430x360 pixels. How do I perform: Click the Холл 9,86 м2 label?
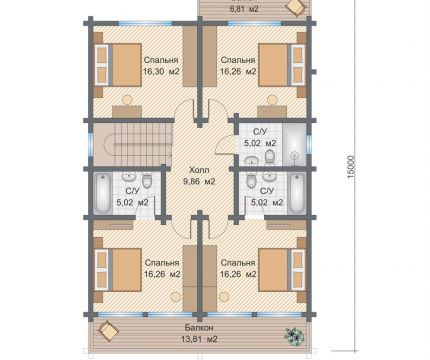(x=199, y=176)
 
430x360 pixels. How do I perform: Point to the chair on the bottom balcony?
(x=108, y=330)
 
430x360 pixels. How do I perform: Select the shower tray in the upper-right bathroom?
(x=294, y=144)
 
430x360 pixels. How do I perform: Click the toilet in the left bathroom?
(x=146, y=179)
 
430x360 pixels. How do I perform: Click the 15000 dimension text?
(x=351, y=167)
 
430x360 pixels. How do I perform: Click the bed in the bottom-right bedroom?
(x=282, y=269)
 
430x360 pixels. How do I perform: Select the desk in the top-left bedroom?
(x=127, y=111)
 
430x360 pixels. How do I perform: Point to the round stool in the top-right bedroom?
(x=272, y=99)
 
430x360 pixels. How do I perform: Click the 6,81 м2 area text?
(x=244, y=9)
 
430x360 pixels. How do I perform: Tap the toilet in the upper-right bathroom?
(x=269, y=156)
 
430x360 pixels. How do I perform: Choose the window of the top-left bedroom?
(x=146, y=23)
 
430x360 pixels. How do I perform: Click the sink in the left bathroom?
(x=127, y=175)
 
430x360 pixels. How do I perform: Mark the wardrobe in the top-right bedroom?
(x=210, y=57)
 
